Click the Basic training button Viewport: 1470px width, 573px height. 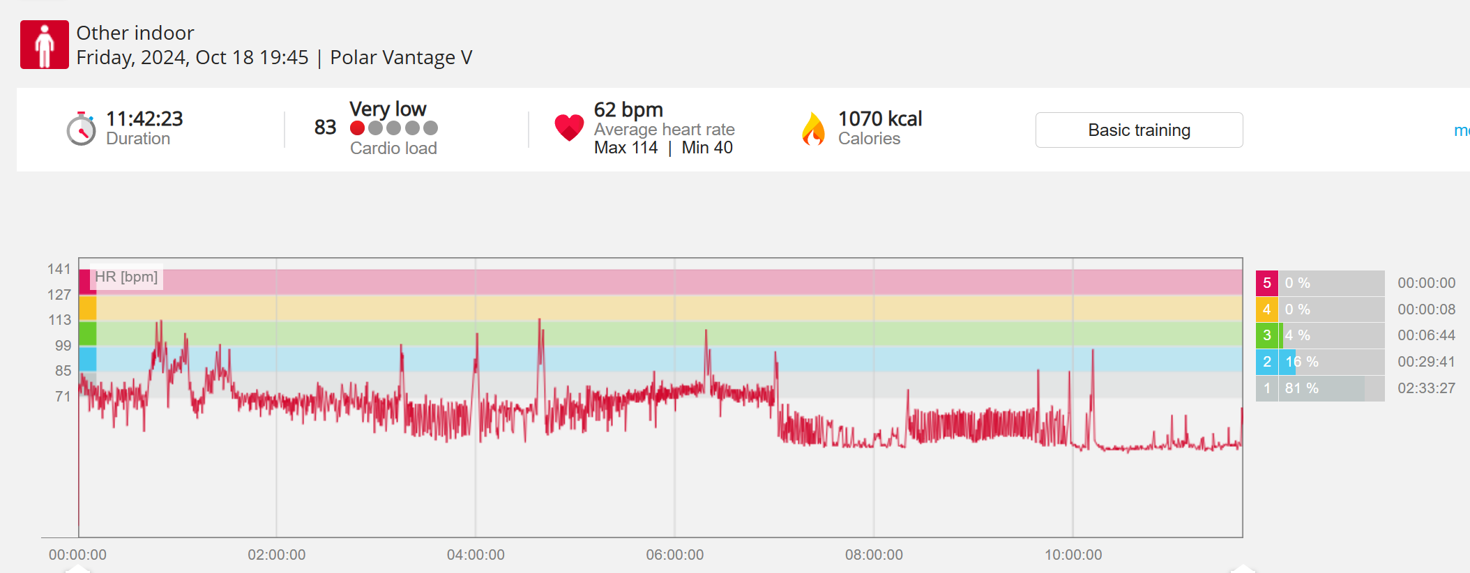(x=1139, y=130)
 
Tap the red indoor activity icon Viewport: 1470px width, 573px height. (x=45, y=45)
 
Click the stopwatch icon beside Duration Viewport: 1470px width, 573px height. (x=81, y=129)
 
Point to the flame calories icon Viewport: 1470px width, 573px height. (x=813, y=129)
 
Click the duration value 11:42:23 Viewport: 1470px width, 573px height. (x=144, y=119)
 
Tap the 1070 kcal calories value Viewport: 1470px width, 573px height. (x=880, y=119)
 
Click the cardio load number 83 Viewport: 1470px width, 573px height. (x=325, y=128)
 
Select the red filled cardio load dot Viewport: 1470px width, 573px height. (x=358, y=128)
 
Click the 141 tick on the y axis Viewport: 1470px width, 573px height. (x=59, y=269)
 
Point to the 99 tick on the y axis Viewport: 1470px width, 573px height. (x=63, y=346)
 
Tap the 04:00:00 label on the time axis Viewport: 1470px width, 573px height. (x=476, y=555)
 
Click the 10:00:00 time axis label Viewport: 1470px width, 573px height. (x=1073, y=555)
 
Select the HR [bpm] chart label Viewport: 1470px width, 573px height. (x=126, y=277)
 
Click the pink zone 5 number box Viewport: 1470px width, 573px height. (x=1267, y=283)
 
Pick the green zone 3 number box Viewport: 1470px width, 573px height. (x=1267, y=335)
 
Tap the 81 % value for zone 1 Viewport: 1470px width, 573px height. (x=1302, y=388)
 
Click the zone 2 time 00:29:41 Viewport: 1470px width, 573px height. (x=1426, y=362)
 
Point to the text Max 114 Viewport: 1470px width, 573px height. (x=626, y=148)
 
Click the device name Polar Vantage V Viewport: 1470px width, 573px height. (x=401, y=57)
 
